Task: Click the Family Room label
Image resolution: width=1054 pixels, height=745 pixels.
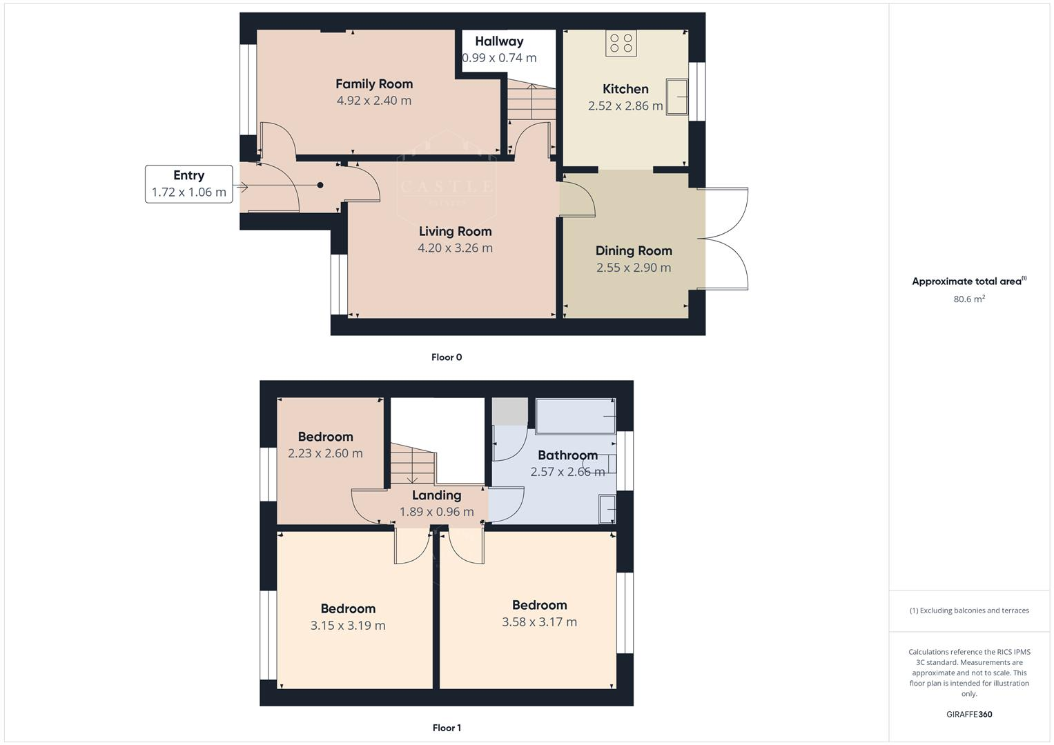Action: pos(374,84)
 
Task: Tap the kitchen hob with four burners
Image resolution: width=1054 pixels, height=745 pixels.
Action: pos(621,43)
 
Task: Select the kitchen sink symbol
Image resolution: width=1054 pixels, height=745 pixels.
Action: pos(677,96)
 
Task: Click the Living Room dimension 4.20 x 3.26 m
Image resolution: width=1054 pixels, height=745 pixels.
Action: pos(455,248)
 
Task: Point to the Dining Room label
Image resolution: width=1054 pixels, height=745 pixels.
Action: pos(634,251)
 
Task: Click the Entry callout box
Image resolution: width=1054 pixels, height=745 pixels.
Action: pos(188,183)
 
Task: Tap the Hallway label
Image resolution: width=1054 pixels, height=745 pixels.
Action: pos(499,41)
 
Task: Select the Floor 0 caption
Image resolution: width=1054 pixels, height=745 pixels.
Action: pos(447,357)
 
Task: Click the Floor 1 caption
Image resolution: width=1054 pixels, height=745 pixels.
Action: pos(447,728)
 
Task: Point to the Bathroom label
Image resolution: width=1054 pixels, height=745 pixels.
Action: pos(567,455)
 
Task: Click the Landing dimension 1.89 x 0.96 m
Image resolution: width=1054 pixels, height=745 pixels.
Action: pos(436,512)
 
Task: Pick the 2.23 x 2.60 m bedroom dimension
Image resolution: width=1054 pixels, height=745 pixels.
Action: pos(325,454)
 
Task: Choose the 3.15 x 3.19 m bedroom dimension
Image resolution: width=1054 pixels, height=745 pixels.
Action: pos(348,626)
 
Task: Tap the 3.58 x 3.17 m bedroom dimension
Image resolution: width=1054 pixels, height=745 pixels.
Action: pos(539,622)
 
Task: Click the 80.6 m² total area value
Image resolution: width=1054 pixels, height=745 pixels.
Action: pos(969,299)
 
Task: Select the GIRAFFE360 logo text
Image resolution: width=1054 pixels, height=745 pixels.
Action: pos(969,715)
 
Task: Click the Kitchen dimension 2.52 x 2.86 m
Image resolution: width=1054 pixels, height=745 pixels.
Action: pos(625,106)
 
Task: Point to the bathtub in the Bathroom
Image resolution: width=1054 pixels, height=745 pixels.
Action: pos(576,416)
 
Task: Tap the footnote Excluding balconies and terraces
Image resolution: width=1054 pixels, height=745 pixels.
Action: pos(969,610)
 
